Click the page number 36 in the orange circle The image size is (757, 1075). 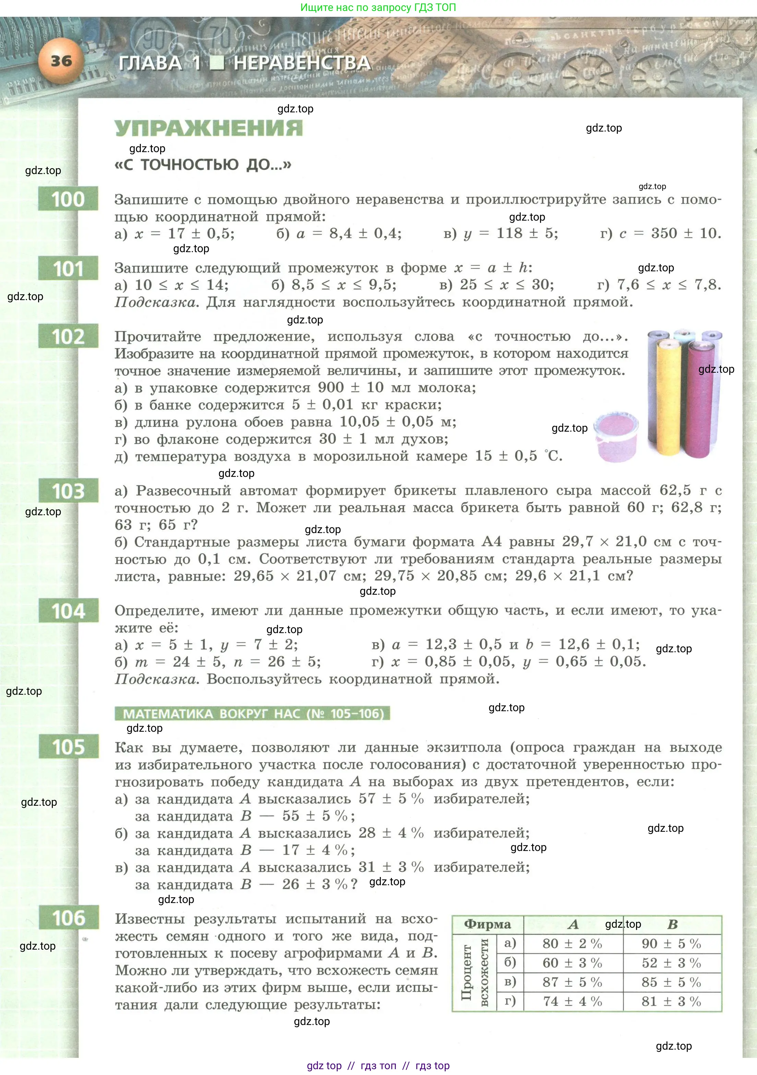pos(61,61)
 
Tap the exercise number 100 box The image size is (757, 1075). pos(68,199)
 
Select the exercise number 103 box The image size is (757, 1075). pos(68,491)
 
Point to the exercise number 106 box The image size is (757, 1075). pos(68,918)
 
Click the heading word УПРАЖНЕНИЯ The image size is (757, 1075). pos(208,128)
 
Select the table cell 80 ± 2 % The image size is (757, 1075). pos(573,943)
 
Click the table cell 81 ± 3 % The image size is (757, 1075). pos(671,1001)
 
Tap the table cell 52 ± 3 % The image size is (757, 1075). pos(671,963)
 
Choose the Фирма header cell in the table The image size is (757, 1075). pos(487,924)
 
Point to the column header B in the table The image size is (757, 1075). pos(672,924)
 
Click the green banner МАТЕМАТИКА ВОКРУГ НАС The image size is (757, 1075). pos(252,714)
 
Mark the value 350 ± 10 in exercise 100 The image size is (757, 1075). pos(686,233)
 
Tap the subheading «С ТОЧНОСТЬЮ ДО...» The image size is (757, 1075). pos(203,165)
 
